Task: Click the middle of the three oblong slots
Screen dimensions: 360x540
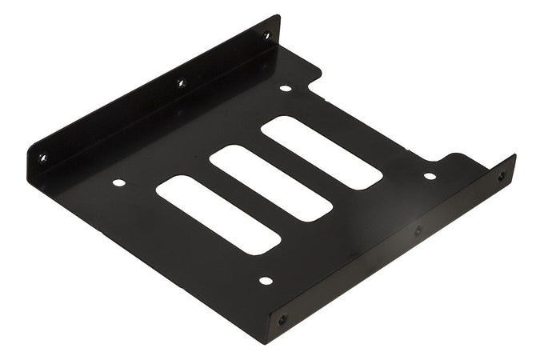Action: (270, 182)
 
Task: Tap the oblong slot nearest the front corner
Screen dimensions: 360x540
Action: (218, 214)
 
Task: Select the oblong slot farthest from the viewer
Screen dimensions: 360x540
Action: (321, 152)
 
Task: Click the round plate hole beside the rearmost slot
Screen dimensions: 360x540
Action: (286, 88)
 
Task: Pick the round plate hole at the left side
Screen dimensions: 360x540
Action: (118, 182)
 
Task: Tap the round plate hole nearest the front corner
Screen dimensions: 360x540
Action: (266, 281)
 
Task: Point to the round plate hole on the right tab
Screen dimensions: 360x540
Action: (430, 176)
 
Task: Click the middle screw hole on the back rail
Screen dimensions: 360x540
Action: (180, 82)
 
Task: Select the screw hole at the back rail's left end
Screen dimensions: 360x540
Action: (42, 158)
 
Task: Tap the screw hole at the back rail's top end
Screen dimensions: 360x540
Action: (267, 35)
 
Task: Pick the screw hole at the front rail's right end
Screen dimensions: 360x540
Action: (502, 177)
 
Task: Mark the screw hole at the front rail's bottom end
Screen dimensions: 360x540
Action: (282, 319)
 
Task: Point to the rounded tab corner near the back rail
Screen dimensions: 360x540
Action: (317, 76)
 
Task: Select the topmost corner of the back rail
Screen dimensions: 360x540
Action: (278, 15)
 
